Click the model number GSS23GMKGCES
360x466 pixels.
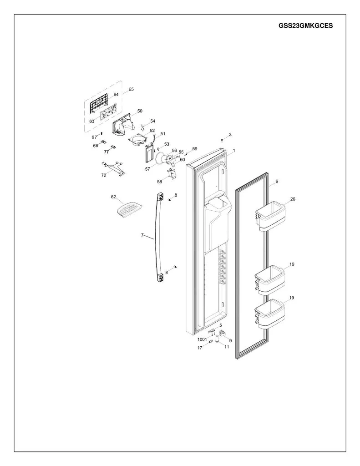[x=305, y=25]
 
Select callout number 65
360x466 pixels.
[x=131, y=89]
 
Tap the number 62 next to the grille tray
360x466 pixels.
[x=114, y=197]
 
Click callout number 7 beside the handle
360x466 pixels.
[x=142, y=235]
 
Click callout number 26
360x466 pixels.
[x=293, y=199]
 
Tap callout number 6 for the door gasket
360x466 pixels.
[x=277, y=181]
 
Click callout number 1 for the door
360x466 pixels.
[x=234, y=151]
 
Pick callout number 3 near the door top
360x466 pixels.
[x=230, y=135]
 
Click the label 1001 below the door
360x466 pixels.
[x=202, y=339]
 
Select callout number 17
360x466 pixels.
[x=200, y=348]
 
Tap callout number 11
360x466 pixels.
[x=227, y=346]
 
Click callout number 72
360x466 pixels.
[x=103, y=175]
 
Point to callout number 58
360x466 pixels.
[x=160, y=182]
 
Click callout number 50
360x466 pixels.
[x=140, y=111]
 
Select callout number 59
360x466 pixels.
[x=195, y=149]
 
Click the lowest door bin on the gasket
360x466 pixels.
[x=270, y=314]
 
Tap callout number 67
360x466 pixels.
[x=94, y=137]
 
